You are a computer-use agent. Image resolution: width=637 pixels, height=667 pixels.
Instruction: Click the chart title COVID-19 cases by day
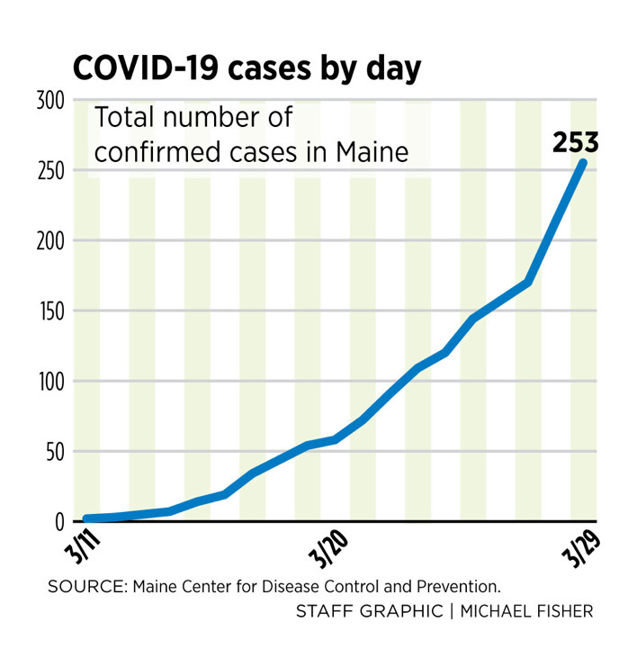247,68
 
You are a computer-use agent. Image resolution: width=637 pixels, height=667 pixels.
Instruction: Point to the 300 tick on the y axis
49,101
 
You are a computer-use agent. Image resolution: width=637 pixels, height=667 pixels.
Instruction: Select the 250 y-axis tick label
49,171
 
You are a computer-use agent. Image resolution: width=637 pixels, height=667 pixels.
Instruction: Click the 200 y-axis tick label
49,241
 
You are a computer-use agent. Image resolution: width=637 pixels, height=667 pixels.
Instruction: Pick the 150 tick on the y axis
49,311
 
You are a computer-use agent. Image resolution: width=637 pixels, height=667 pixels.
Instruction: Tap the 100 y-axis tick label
49,382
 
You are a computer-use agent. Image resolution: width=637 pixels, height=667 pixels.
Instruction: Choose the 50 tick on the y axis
54,452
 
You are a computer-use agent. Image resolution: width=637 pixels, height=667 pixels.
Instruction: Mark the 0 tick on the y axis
59,522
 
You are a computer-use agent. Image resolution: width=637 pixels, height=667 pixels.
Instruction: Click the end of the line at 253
583,163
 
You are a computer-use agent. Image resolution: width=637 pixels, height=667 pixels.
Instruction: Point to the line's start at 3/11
86,519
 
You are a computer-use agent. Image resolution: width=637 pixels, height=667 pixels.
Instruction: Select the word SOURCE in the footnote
87,586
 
